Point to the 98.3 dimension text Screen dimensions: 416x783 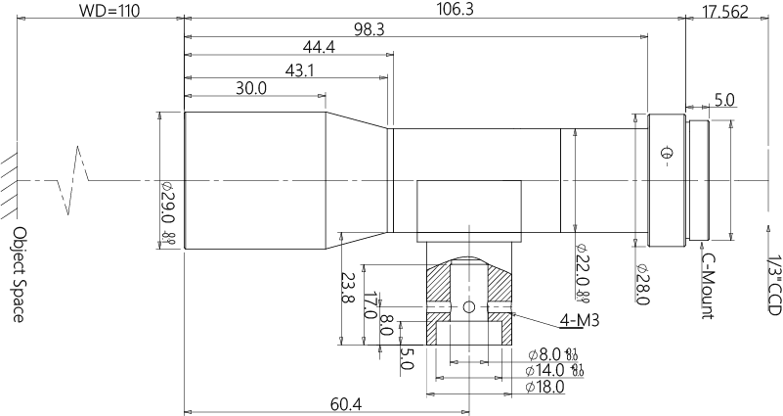click(369, 30)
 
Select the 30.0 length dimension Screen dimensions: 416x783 click(252, 88)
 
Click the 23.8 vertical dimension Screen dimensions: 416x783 click(344, 287)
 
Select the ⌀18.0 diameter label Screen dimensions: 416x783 click(544, 388)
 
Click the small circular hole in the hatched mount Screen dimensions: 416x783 click(469, 308)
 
